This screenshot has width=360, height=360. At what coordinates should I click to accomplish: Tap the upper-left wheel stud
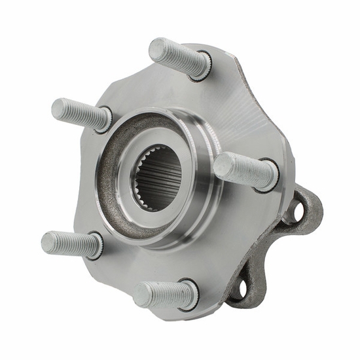(x=80, y=113)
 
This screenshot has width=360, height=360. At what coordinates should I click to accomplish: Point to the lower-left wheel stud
(x=71, y=243)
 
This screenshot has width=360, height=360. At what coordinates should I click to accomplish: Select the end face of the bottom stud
(x=143, y=295)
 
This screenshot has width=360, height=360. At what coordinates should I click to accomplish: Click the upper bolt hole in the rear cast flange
(x=297, y=210)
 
